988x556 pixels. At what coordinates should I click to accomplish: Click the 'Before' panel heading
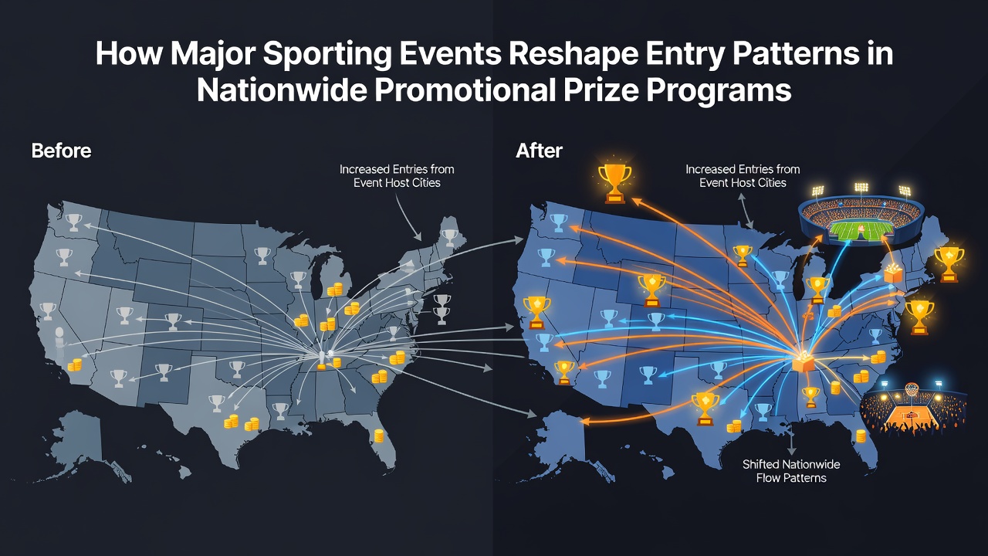(61, 151)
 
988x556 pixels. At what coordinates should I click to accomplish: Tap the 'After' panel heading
(539, 151)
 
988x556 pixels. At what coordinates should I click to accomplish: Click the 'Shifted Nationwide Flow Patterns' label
(791, 471)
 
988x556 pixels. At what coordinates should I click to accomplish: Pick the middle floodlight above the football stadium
(861, 187)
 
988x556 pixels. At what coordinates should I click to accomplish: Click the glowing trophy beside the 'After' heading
(614, 183)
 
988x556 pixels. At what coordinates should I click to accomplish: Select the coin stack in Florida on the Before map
(379, 436)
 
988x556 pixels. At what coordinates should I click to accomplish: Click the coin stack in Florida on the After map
(861, 436)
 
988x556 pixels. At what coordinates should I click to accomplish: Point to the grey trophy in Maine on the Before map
(450, 237)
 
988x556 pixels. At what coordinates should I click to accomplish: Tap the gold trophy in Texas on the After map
(705, 409)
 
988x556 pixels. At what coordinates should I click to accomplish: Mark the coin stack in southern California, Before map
(75, 365)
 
